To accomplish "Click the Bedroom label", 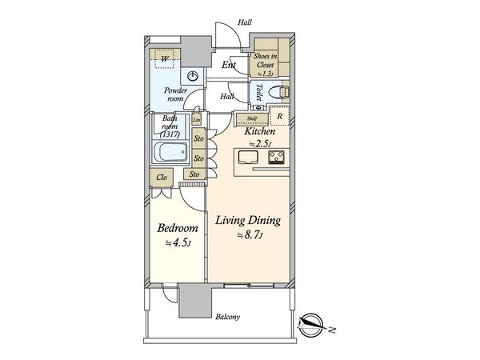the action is click(x=178, y=228).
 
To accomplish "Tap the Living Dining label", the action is click(x=248, y=221).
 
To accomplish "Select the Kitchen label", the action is click(x=259, y=131).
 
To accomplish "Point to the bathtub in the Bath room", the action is click(x=170, y=152).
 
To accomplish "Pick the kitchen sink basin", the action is click(x=249, y=158).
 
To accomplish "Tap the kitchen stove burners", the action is click(x=277, y=158).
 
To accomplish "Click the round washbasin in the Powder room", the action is click(x=192, y=76).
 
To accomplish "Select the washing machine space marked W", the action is click(x=164, y=58).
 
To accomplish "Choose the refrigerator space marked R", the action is click(x=279, y=116).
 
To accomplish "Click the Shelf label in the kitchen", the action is click(x=252, y=118).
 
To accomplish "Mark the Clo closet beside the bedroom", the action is click(x=162, y=178).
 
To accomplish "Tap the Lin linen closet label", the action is click(x=197, y=120).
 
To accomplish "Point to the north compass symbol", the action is click(x=310, y=325).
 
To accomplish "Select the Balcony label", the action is click(x=227, y=317).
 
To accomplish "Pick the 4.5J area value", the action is click(x=178, y=243).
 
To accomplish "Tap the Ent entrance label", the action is click(x=229, y=65).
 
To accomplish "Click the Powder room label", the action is click(x=175, y=94).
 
